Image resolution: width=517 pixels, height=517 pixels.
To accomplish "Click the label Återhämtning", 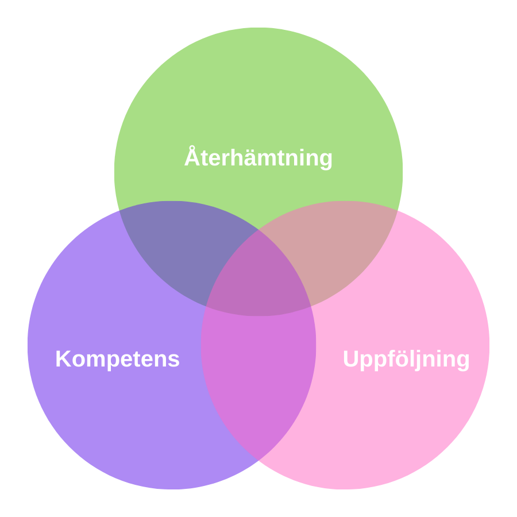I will pos(258,158).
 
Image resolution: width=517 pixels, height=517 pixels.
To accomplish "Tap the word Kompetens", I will pos(117,359).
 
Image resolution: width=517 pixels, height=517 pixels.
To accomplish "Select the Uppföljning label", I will pos(406,359).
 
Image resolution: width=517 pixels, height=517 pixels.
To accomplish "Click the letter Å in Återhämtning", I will pos(192,157).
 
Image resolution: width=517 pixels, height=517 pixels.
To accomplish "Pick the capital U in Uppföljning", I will pos(351,359).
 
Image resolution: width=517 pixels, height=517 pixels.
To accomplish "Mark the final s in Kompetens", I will pos(174,360).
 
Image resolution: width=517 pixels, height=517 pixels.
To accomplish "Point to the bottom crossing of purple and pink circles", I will pos(258,460).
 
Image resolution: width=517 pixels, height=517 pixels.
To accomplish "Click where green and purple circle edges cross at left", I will pos(119,211).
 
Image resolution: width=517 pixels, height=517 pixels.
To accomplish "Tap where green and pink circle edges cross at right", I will pos(398,211).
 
